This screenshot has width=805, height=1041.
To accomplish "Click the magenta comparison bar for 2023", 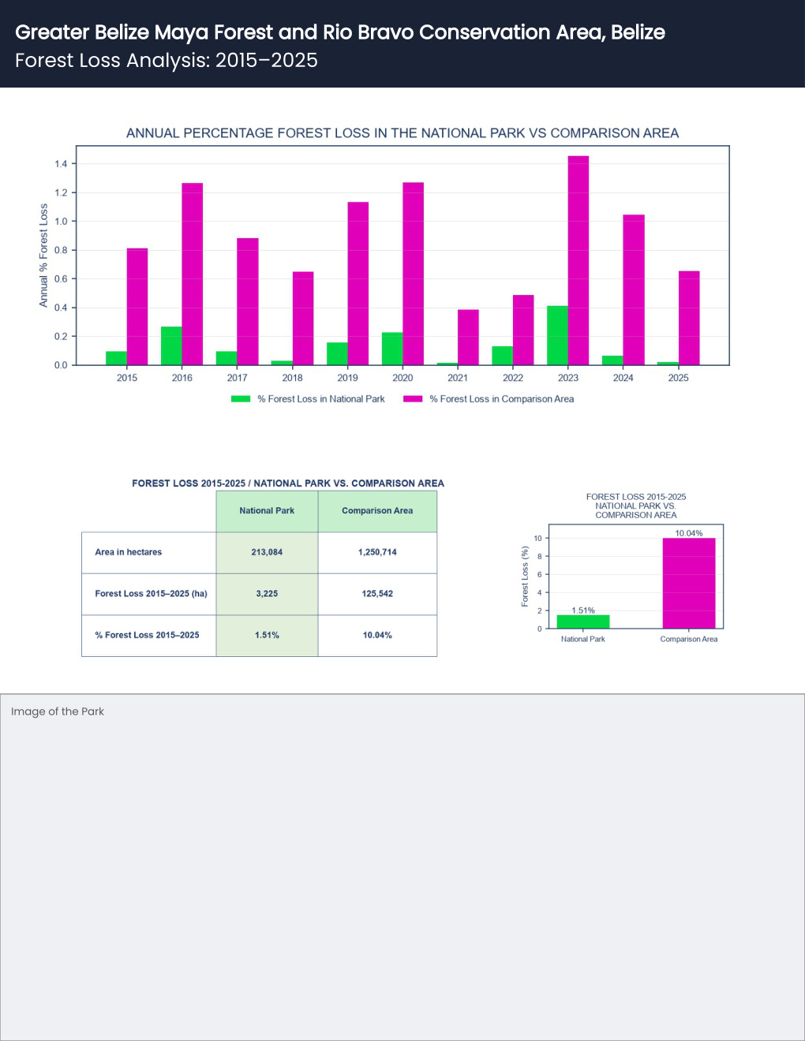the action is (x=578, y=260).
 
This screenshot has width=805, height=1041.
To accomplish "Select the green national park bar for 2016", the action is (x=171, y=345).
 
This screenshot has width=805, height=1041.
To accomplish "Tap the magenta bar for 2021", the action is (x=468, y=338).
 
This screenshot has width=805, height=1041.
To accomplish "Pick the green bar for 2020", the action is (x=392, y=349).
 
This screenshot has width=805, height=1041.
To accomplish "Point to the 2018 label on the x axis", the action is (x=293, y=378).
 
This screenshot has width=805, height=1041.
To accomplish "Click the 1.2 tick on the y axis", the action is (x=61, y=192).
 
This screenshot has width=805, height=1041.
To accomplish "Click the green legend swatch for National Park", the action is (x=241, y=398).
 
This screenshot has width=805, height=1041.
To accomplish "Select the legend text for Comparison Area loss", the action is (x=501, y=398).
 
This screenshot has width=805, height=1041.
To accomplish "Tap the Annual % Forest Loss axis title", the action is (x=43, y=256).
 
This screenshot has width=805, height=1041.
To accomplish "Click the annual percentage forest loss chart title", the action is (x=402, y=132).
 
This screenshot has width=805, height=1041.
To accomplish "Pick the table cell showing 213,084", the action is (x=267, y=552).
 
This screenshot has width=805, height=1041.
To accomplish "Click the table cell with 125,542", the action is (x=377, y=594).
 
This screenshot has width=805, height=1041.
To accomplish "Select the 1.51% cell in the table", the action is (x=267, y=635).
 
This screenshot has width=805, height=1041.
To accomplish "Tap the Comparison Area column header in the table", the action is (x=377, y=511).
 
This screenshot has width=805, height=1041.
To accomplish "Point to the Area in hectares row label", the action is (x=129, y=552).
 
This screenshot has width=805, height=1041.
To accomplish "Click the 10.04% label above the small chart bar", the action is (x=688, y=533).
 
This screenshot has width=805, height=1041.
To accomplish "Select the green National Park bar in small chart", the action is (x=583, y=621).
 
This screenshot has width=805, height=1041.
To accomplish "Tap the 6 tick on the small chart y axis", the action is (x=539, y=574).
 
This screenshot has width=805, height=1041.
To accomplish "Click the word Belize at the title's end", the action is (x=638, y=32).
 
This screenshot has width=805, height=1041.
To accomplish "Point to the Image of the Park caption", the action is (x=58, y=711).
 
